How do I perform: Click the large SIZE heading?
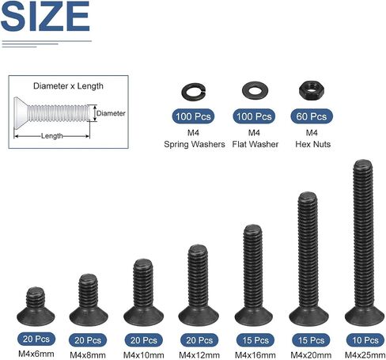[45, 16]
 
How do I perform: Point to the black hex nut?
[312, 91]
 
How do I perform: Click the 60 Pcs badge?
[312, 116]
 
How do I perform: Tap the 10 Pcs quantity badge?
[365, 340]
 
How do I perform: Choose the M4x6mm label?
[36, 354]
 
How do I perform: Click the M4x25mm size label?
[365, 355]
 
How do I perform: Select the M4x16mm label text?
[255, 355]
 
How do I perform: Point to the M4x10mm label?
[144, 355]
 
